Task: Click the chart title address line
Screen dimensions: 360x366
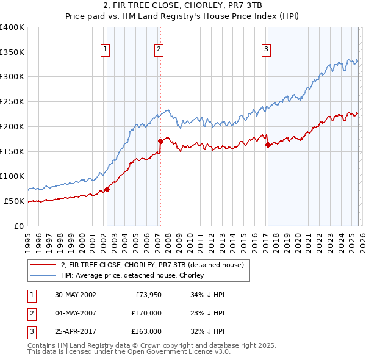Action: click(x=182, y=7)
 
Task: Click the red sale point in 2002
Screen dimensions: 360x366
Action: click(x=107, y=189)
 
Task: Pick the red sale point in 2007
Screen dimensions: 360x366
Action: click(x=160, y=141)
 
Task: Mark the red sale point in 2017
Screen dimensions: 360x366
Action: click(x=268, y=145)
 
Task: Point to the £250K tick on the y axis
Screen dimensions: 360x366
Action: click(x=12, y=101)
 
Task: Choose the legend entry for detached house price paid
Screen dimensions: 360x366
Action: click(x=152, y=265)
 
